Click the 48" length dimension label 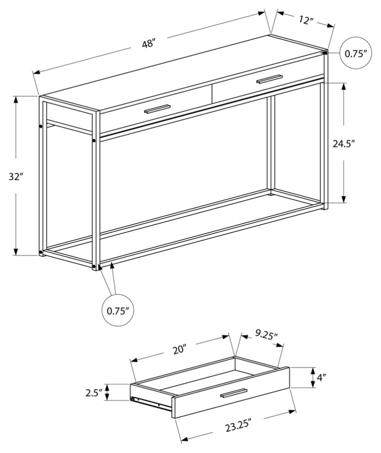(148, 44)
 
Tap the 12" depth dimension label (306, 20)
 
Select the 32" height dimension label (15, 177)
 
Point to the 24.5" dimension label (343, 144)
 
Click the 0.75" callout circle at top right (355, 53)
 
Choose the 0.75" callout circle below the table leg (118, 311)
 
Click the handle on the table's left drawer (157, 109)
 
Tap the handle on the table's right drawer (269, 79)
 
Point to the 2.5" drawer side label (94, 393)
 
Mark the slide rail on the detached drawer (152, 403)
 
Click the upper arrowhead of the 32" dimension (16, 99)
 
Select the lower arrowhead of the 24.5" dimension (343, 199)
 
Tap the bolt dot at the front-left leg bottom (94, 266)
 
